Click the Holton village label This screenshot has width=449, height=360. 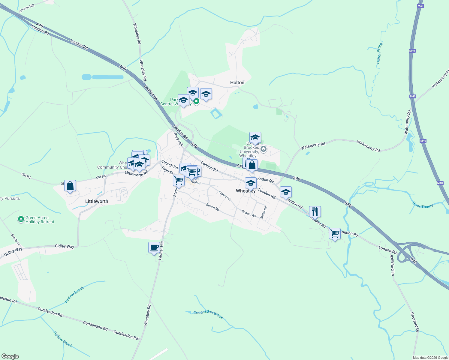tap(237, 82)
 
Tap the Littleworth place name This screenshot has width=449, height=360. tap(97, 201)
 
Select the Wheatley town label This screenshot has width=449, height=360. tap(246, 191)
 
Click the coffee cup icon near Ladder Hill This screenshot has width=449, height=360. tap(154, 248)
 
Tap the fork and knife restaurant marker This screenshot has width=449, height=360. tap(315, 212)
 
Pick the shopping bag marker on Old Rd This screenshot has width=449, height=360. tap(70, 186)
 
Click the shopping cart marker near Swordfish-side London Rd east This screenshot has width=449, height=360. tap(335, 233)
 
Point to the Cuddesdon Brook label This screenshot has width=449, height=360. tap(208, 314)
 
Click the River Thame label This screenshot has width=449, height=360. tap(423, 205)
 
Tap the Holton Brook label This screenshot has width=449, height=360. tap(380, 53)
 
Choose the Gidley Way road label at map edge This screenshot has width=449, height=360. tap(13, 251)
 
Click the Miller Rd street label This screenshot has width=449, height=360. tap(264, 212)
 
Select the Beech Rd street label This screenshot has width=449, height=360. tap(212, 207)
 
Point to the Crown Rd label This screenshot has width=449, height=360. tap(224, 195)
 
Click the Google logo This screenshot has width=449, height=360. tap(10, 356)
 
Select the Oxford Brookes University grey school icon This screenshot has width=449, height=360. tap(263, 149)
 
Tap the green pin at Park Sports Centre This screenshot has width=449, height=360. tap(196, 101)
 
